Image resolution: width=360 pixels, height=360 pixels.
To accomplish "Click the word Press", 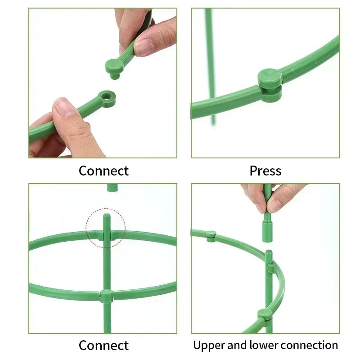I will [x=265, y=171].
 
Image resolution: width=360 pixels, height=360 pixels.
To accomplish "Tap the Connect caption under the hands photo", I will [x=103, y=171].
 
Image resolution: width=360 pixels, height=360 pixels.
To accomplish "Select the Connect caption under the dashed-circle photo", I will [x=103, y=346].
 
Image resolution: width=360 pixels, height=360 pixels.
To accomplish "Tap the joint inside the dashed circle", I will [x=106, y=235].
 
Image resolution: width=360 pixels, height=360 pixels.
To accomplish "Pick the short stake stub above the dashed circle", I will [x=112, y=187].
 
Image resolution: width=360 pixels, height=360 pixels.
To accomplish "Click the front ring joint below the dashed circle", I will [x=106, y=296].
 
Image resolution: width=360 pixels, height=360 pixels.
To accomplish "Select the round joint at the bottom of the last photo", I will [x=265, y=315].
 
